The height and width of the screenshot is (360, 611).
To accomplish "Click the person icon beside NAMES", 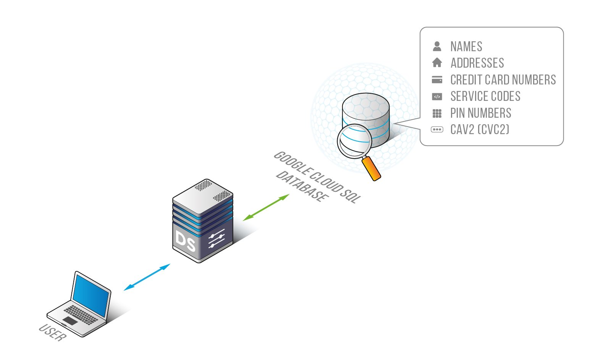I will tap(437, 46).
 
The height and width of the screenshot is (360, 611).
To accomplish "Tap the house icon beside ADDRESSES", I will tap(437, 62).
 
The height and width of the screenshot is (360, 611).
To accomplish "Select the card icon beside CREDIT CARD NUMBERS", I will tap(437, 79).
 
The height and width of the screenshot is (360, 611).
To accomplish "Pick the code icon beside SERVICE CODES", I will tap(437, 97).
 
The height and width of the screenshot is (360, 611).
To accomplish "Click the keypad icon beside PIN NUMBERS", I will tap(437, 113).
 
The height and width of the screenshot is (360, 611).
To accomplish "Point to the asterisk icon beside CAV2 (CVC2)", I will tap(437, 130).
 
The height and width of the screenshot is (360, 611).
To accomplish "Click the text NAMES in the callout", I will tap(466, 47).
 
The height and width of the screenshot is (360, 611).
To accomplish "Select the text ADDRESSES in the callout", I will tap(477, 63).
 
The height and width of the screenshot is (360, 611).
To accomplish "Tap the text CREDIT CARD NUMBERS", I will tap(503, 80).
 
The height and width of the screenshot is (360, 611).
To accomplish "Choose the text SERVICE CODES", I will tap(485, 96).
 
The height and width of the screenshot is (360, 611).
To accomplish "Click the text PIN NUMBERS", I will tap(480, 113).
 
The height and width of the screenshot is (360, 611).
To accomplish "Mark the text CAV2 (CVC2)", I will tap(480, 130).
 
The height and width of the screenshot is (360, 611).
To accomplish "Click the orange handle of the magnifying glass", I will tap(371, 168).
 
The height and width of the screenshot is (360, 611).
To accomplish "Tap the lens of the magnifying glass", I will tap(354, 141).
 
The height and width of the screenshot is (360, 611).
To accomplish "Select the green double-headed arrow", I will tap(266, 207).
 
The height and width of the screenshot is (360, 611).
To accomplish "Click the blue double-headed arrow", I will tap(147, 277).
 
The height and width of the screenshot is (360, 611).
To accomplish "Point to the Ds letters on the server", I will tap(185, 241).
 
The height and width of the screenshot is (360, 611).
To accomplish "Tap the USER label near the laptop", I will tap(53, 332).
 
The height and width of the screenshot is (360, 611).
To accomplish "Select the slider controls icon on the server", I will tap(217, 240).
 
